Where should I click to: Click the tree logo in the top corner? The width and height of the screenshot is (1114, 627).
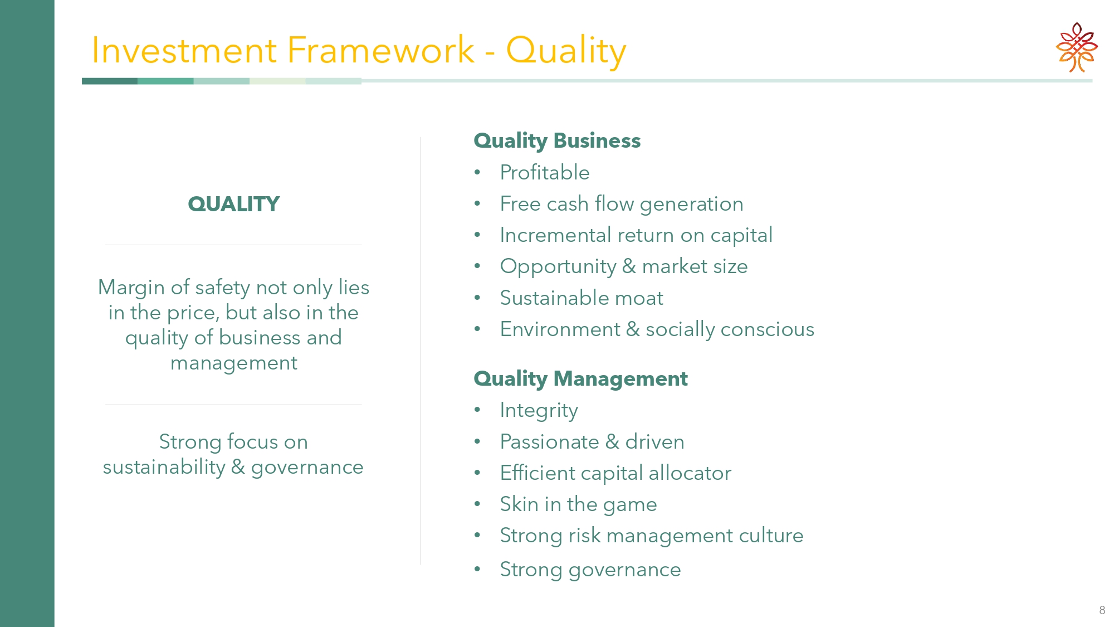pyautogui.click(x=1077, y=47)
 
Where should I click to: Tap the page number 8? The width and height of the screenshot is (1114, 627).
pyautogui.click(x=1102, y=610)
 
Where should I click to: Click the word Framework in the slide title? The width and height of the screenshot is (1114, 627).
pyautogui.click(x=380, y=50)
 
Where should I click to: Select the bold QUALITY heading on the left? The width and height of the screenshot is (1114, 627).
pyautogui.click(x=233, y=204)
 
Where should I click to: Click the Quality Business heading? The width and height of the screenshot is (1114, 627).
pyautogui.click(x=557, y=141)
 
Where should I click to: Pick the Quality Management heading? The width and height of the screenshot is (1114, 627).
pyautogui.click(x=580, y=379)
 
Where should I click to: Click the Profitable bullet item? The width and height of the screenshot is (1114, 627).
pyautogui.click(x=545, y=173)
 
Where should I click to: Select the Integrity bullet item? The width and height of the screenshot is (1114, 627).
pyautogui.click(x=539, y=411)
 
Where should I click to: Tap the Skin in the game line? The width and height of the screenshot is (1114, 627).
pyautogui.click(x=578, y=504)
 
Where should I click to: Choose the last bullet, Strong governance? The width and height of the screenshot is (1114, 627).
pyautogui.click(x=590, y=570)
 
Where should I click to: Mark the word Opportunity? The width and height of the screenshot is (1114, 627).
pyautogui.click(x=558, y=267)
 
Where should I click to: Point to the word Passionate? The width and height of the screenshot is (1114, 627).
pyautogui.click(x=549, y=442)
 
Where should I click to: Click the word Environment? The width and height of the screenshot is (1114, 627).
pyautogui.click(x=560, y=329)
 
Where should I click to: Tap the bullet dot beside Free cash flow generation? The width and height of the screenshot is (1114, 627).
pyautogui.click(x=477, y=204)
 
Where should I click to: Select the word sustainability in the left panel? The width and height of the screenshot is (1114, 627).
pyautogui.click(x=164, y=467)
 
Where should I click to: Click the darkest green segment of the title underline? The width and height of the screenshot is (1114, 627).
pyautogui.click(x=110, y=81)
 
